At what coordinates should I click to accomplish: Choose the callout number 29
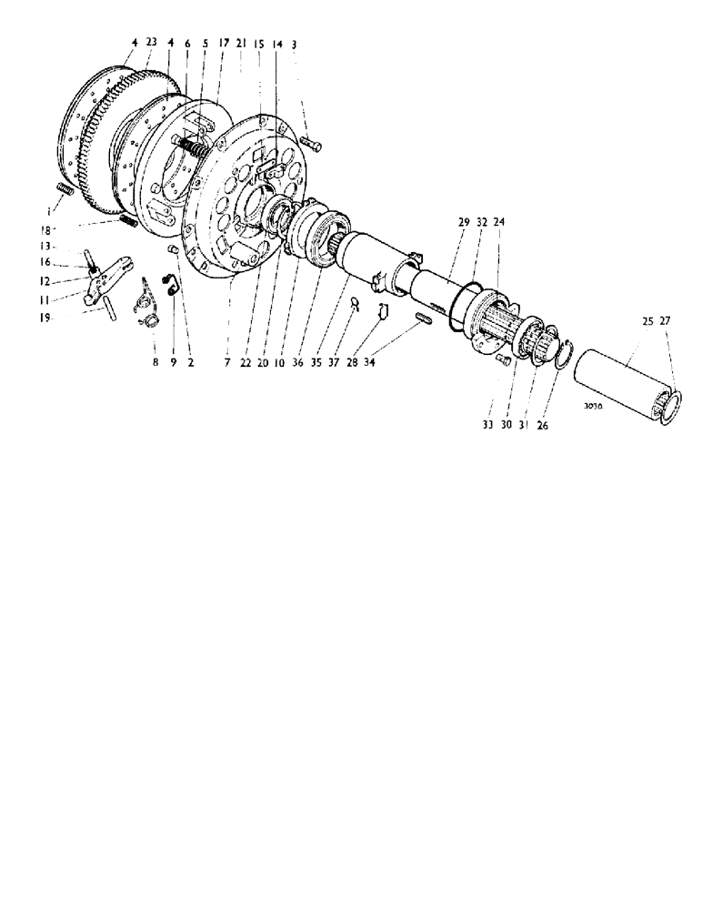point(464,221)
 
